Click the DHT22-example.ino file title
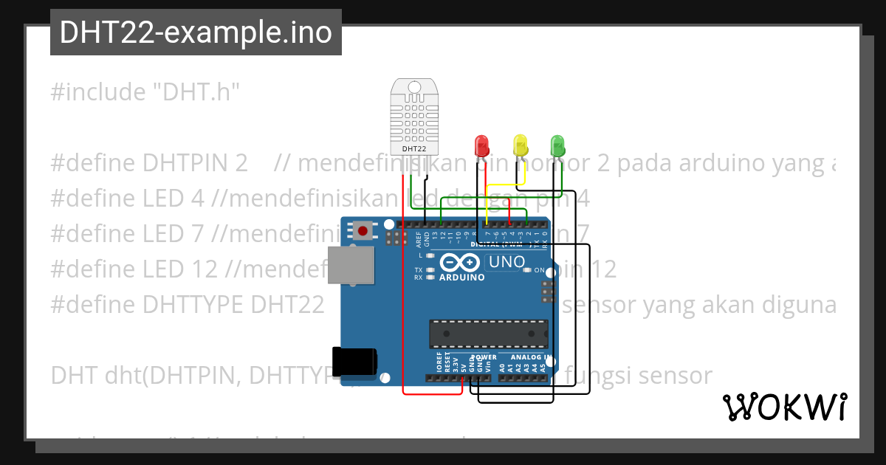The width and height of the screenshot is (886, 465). [196, 32]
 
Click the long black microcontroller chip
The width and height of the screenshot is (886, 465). [489, 334]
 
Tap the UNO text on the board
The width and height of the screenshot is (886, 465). [506, 262]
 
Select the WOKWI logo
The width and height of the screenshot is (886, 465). [784, 407]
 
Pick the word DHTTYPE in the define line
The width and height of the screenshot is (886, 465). [196, 305]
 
